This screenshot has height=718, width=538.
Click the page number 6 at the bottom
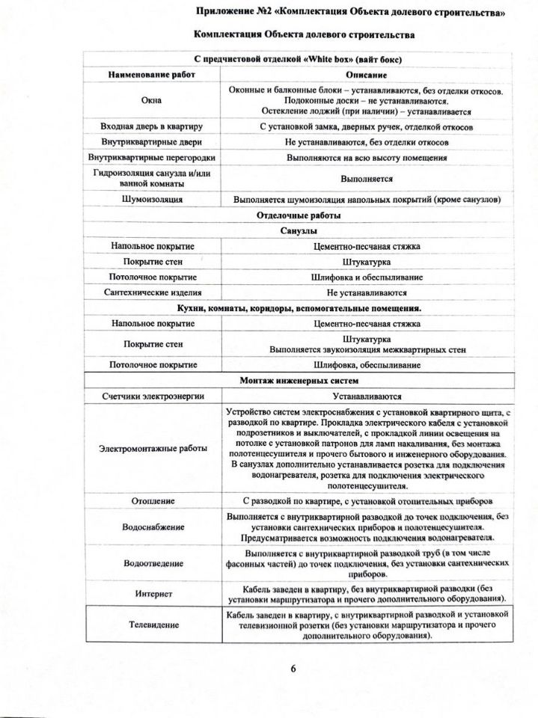coord(293,669)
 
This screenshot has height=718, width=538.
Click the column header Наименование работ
coord(152,76)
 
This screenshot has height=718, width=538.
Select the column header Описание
coord(366,76)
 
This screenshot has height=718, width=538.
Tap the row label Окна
coord(152,100)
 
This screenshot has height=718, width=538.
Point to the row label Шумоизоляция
coord(152,200)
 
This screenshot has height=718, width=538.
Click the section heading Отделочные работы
coord(298,215)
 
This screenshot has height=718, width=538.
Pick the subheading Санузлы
coord(298,231)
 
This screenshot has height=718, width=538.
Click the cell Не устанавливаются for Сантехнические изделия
coord(366,292)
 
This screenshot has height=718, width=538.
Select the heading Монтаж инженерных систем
coord(299,381)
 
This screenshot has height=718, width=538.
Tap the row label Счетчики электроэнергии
coord(153,396)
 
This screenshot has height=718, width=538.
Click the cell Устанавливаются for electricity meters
coord(366,396)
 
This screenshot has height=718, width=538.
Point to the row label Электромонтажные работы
coord(153,449)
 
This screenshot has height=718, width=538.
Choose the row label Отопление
coord(153,500)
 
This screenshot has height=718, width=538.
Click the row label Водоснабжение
coord(153,527)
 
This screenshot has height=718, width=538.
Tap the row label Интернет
coord(153,593)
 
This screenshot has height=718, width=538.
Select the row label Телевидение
coord(153,624)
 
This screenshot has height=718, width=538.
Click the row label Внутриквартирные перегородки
coord(152,158)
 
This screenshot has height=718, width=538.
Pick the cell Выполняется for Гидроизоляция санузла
coord(366,179)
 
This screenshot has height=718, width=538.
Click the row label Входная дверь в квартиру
coord(152,126)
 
